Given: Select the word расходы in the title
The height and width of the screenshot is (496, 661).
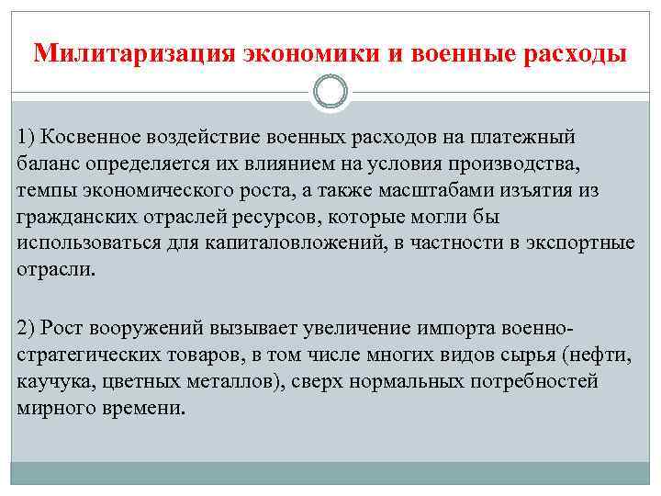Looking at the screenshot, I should (x=576, y=53).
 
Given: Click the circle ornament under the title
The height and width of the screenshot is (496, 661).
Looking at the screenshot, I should (x=330, y=92).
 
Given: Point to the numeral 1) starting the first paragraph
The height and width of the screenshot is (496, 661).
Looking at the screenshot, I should (x=27, y=137).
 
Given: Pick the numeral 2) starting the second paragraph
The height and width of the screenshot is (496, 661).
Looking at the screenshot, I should (x=27, y=328).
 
